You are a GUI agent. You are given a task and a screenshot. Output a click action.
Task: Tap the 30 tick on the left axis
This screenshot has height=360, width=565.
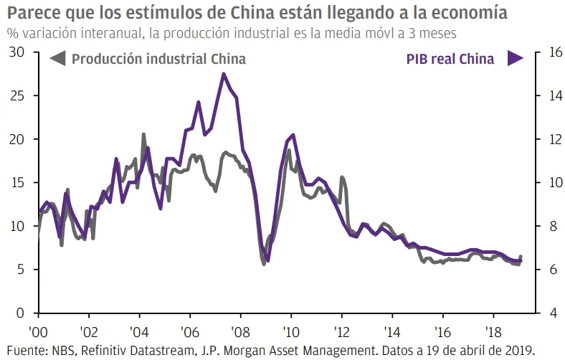click(x=16, y=52)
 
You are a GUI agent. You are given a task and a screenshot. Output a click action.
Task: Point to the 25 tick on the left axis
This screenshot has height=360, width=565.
click(x=16, y=95)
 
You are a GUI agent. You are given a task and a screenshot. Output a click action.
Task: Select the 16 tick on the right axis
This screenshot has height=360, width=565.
click(x=546, y=52)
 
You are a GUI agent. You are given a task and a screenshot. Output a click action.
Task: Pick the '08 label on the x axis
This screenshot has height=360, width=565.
click(x=239, y=334)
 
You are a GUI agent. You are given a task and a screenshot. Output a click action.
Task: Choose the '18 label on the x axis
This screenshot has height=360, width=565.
click(x=495, y=334)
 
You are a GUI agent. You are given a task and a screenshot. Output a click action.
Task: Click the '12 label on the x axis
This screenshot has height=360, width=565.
click(x=341, y=334)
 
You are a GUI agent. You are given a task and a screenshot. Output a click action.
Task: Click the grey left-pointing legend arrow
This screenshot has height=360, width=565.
click(x=57, y=60)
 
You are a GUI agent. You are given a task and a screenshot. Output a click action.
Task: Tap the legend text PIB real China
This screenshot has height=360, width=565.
click(x=450, y=60)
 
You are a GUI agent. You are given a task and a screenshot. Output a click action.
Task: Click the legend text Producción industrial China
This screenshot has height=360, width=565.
click(x=158, y=60)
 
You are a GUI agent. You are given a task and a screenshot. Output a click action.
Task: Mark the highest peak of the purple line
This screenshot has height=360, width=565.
click(x=224, y=74)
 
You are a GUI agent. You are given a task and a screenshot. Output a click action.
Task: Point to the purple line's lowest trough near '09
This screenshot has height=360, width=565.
click(x=267, y=260)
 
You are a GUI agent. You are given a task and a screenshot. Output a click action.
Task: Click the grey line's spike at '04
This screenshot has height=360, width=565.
click(x=143, y=134)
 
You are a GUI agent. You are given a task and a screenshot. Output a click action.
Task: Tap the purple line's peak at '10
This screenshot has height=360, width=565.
click(x=293, y=135)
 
